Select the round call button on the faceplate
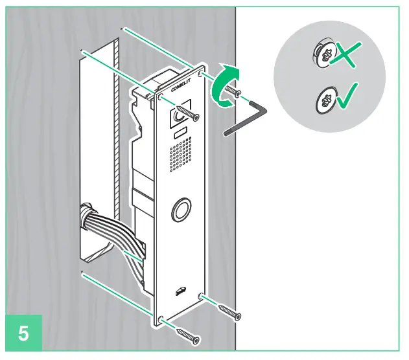(x=181, y=210)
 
